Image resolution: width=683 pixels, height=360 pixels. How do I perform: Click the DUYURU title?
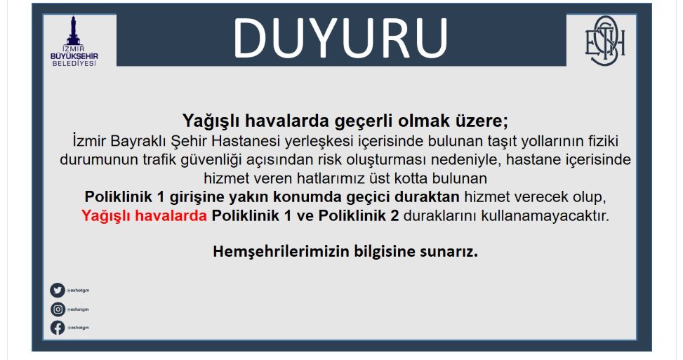click(x=340, y=39)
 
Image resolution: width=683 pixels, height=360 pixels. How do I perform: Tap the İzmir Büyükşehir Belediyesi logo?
click(x=74, y=41)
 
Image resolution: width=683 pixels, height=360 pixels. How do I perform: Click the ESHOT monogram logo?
click(x=604, y=41)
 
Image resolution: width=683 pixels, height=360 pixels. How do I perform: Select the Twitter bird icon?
click(x=57, y=290)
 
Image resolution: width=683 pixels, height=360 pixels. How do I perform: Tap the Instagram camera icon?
click(x=58, y=309)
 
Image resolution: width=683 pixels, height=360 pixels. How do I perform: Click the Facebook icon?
click(x=58, y=327)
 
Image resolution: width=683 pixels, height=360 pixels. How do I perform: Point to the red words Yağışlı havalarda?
click(x=144, y=216)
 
